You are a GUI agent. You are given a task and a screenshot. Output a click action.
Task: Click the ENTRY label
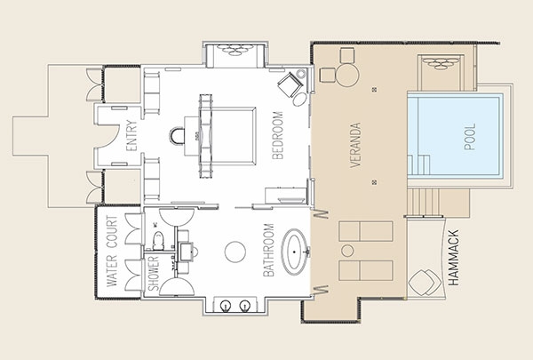coord(131,135)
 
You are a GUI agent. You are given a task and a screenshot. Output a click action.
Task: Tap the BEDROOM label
coord(278,135)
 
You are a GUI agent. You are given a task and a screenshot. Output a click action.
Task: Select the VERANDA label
coord(355,145)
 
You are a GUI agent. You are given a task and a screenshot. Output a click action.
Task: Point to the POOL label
coord(470,137)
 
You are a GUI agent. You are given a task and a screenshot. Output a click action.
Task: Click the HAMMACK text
coord(453,258)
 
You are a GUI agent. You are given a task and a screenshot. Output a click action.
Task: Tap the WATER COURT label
coord(112,252)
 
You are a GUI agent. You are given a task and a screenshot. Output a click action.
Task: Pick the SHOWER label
coord(154,274)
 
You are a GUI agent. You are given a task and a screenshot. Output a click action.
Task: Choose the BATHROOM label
coord(268,250)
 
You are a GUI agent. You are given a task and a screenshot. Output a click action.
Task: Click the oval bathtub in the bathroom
coord(294,252)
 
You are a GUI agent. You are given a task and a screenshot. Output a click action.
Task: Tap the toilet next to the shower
coord(158,240)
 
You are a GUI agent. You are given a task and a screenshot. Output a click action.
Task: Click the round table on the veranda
coord(347,76)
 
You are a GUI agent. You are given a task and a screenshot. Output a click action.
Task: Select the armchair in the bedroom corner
coord(290,84)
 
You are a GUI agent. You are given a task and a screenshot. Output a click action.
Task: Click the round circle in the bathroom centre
coord(235,252)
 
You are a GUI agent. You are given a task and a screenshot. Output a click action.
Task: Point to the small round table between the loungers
coord(347,251)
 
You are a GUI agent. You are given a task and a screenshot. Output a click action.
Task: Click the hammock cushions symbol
coord(425,283)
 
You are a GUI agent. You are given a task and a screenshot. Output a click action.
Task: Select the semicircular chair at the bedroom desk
coord(177,136)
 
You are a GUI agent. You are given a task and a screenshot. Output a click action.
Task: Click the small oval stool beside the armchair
coord(299,100)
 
